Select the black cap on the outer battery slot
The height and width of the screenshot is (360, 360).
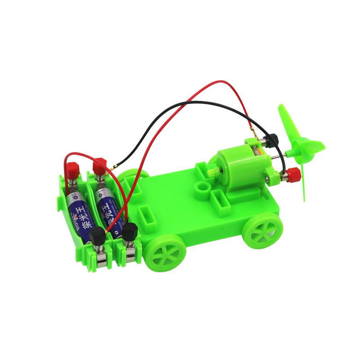coord(97,236)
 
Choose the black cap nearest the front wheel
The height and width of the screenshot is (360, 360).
coord(130,232)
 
